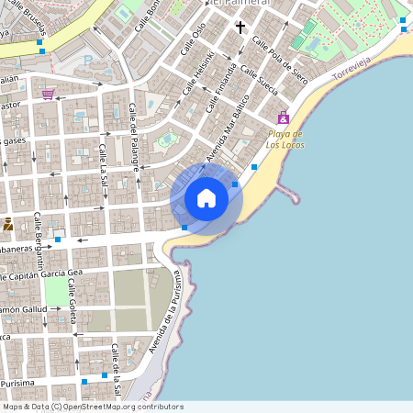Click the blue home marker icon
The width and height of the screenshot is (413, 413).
tap(206, 198)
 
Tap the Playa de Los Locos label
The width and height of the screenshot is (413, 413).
tap(285, 139)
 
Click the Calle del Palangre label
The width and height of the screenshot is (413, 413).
tap(134, 137)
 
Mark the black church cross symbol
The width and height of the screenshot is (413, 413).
tap(240, 28)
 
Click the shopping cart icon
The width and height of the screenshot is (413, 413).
tap(48, 93)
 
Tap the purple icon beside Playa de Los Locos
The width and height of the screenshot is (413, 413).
tap(283, 117)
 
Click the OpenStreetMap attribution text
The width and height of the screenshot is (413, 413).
tap(92, 407)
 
